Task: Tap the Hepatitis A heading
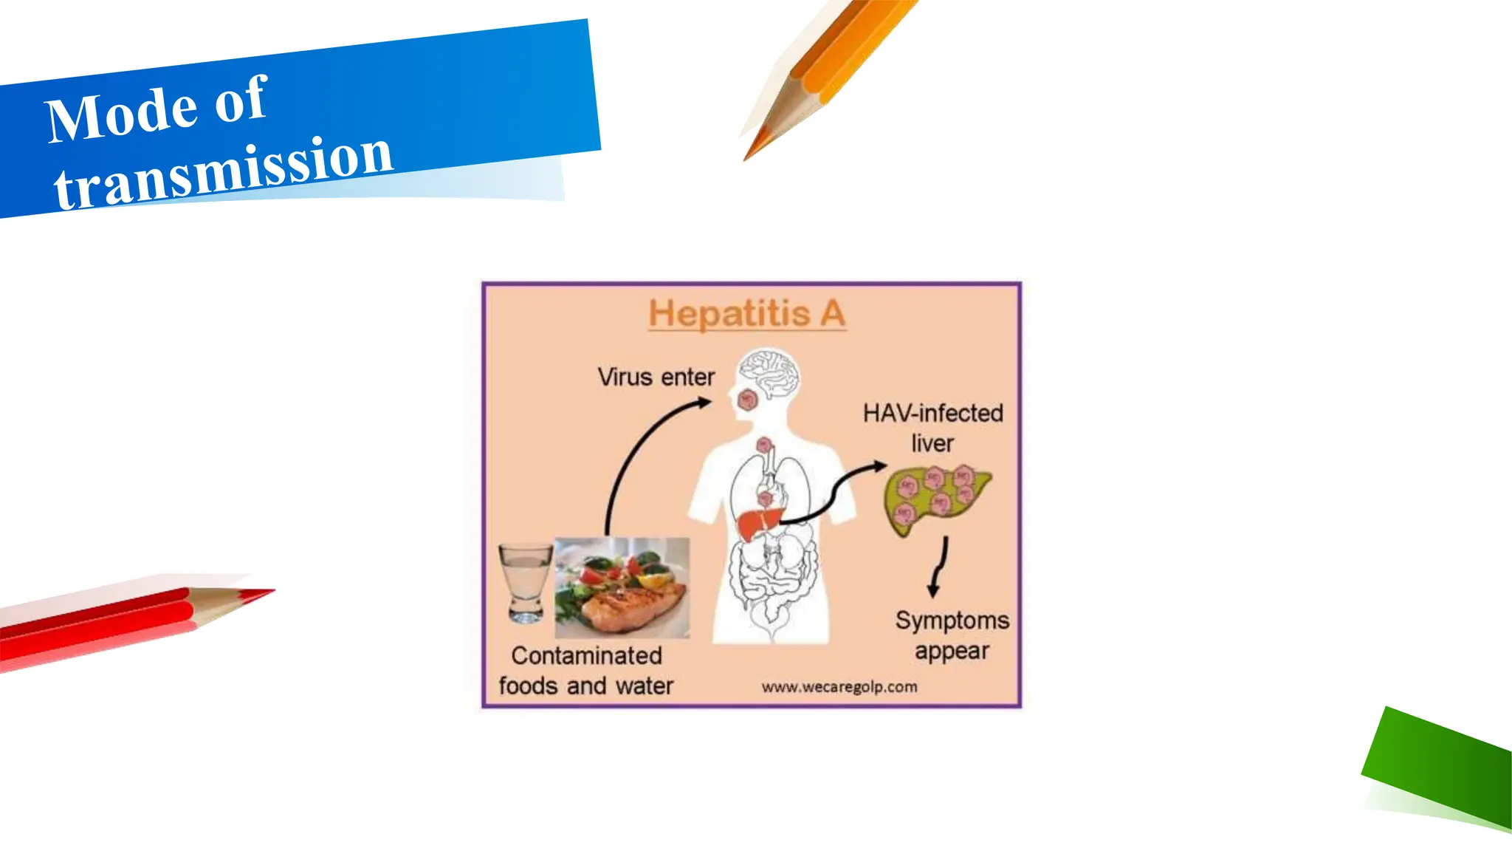click(747, 314)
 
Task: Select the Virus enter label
click(656, 377)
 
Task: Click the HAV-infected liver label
click(932, 428)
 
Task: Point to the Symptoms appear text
click(952, 635)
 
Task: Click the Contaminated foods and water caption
click(586, 670)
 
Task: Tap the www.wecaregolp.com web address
click(839, 687)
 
